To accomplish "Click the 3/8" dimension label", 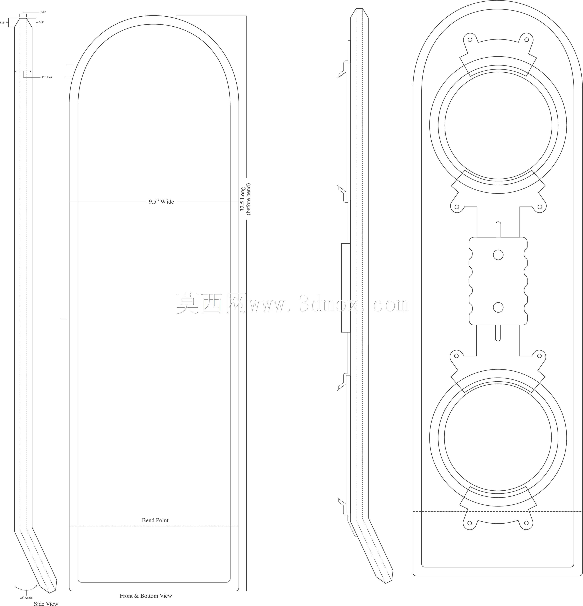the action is click(x=43, y=12).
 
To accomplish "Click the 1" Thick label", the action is click(x=47, y=77).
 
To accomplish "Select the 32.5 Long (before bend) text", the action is click(x=245, y=199).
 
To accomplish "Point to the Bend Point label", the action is click(x=155, y=520).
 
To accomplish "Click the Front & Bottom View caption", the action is click(x=146, y=596).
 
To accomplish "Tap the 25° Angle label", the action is click(x=26, y=598).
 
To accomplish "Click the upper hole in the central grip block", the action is click(x=498, y=255).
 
